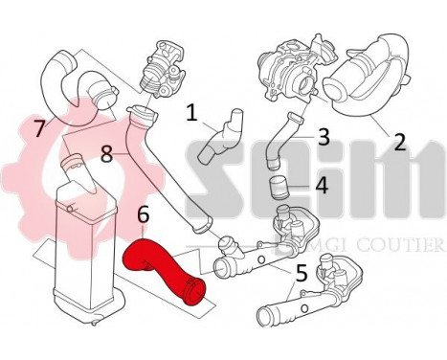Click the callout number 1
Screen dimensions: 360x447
pos(192,115)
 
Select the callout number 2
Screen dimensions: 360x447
pos(399,142)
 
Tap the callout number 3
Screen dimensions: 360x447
pos(324,136)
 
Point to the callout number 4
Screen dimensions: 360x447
pos(323,184)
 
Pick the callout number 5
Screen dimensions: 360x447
pos(301,273)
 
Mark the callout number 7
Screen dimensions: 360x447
pos(38,126)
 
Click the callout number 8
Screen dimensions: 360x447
pos(107,151)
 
